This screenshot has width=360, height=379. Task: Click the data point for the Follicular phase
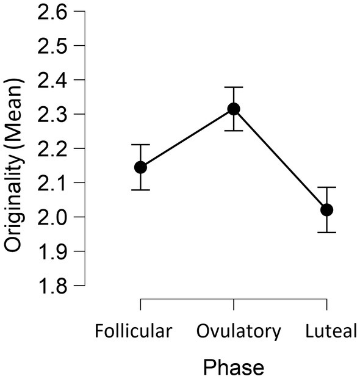tap(140, 167)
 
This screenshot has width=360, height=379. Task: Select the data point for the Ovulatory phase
tap(234, 109)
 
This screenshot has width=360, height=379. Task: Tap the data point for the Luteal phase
tap(327, 210)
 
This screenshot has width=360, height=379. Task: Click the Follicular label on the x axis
tap(134, 331)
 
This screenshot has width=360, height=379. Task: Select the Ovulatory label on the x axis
tap(239, 331)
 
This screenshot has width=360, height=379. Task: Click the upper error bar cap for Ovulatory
tap(234, 87)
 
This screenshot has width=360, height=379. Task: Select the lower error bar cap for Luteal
tap(327, 232)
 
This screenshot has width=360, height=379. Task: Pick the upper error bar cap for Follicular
tap(140, 145)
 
